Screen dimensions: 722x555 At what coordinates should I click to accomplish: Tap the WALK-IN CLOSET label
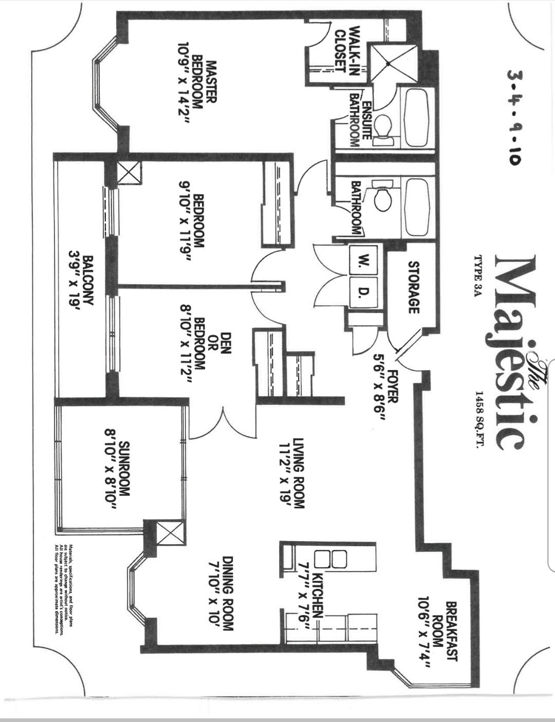346,50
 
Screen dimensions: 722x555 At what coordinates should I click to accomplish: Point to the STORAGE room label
414,287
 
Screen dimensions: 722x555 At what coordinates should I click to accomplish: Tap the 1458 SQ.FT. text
479,419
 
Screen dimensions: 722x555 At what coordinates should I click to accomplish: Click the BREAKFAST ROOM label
445,635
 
